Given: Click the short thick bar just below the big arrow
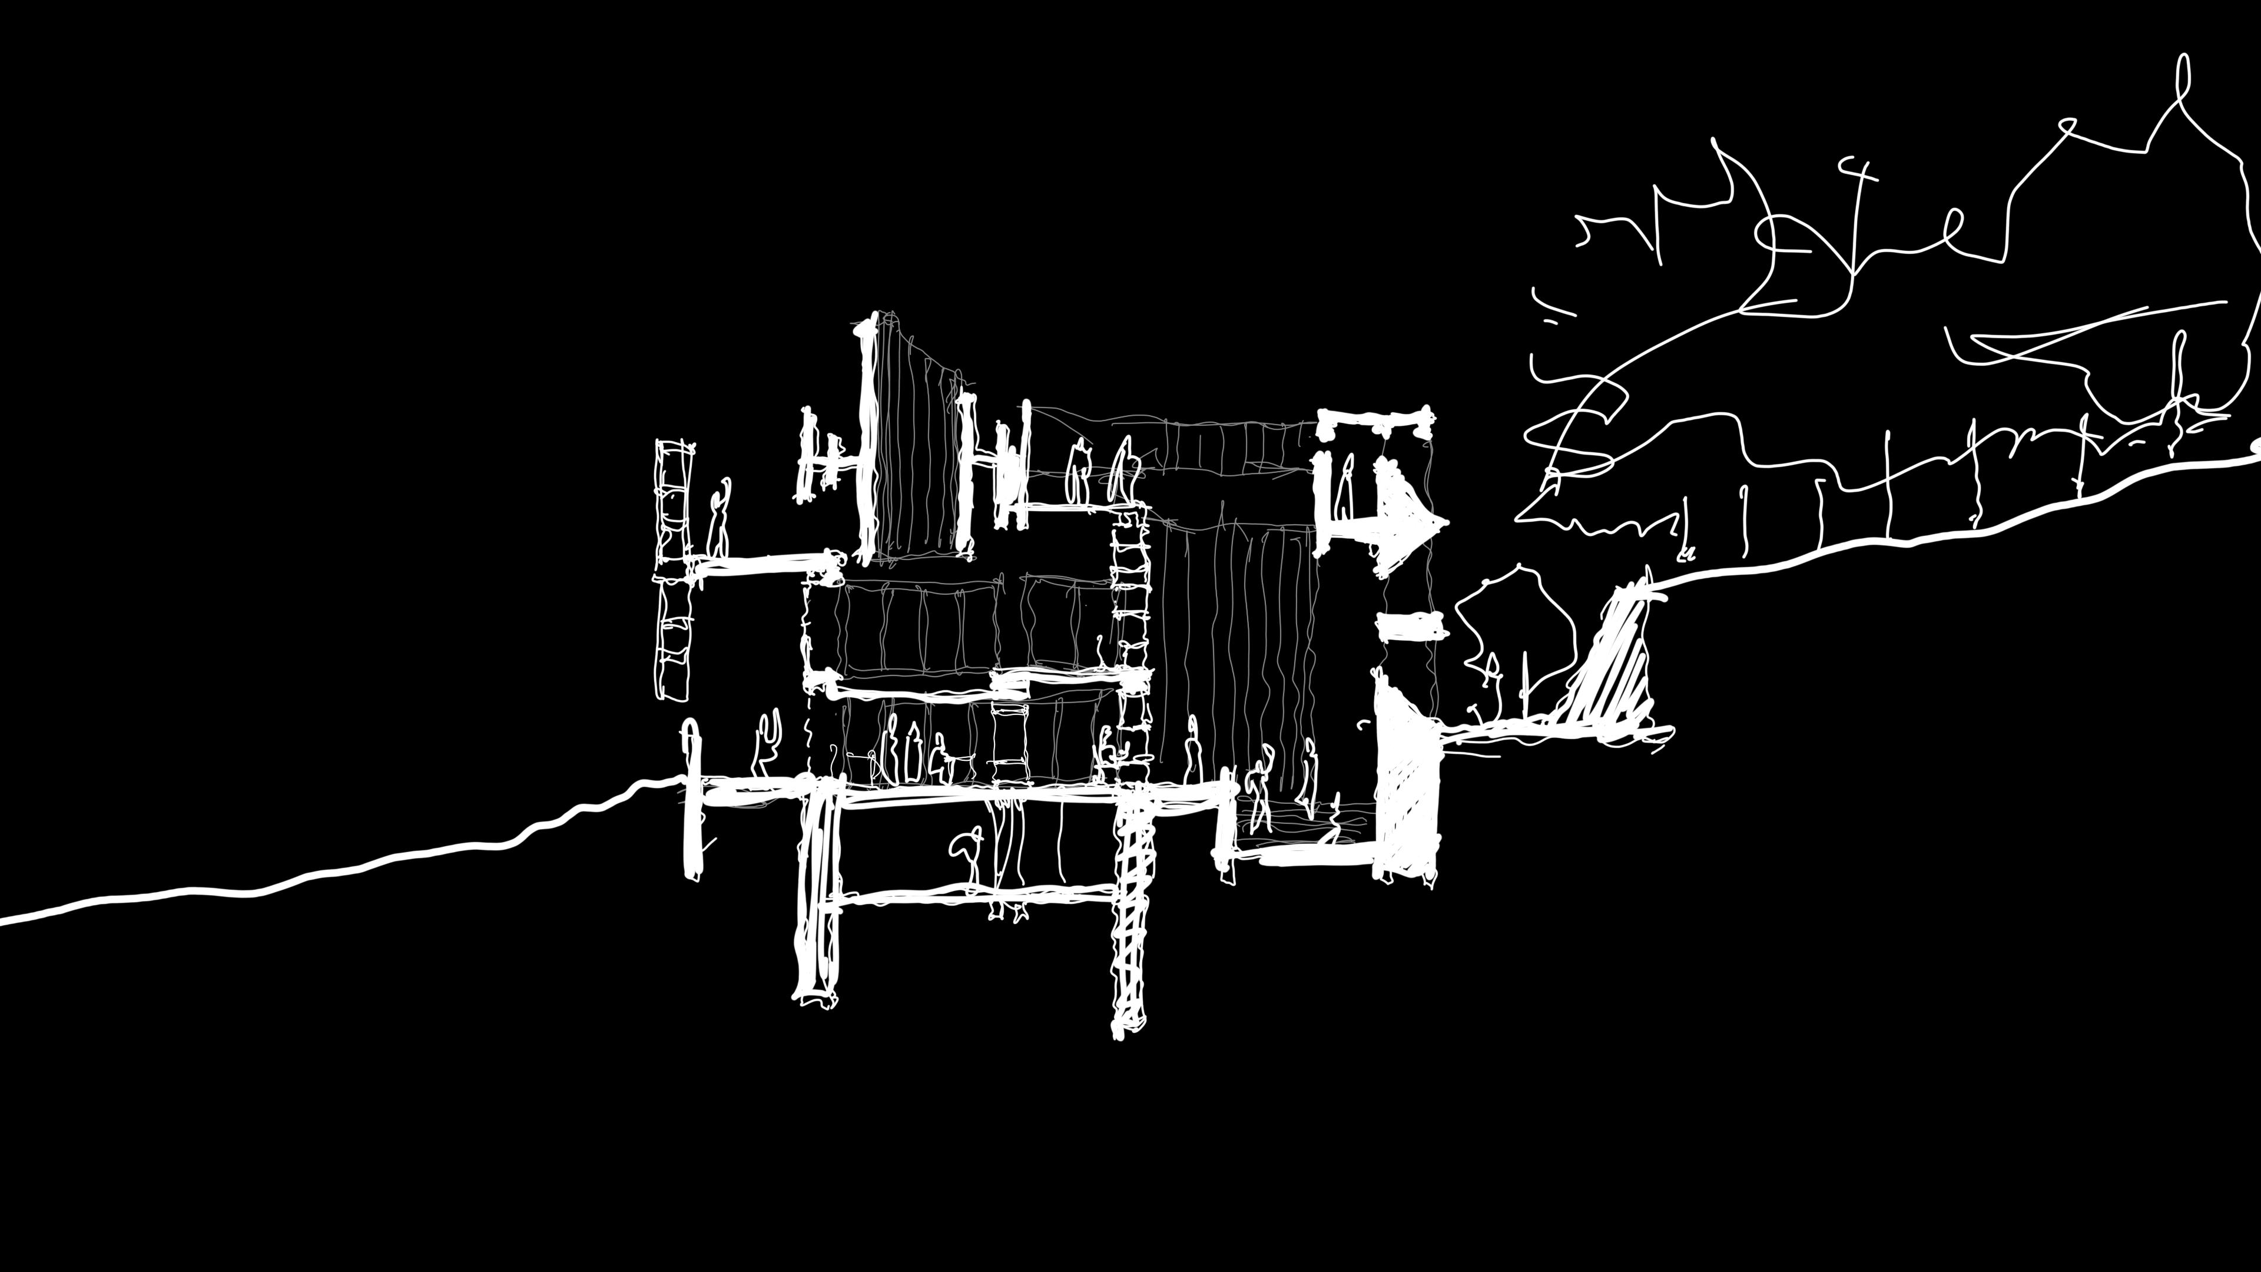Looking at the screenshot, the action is coord(1411,627).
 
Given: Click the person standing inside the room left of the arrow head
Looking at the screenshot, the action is coord(1343,487).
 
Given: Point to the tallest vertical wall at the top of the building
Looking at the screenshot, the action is coord(868,439).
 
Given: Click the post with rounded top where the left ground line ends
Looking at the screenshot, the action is coord(692,799).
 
